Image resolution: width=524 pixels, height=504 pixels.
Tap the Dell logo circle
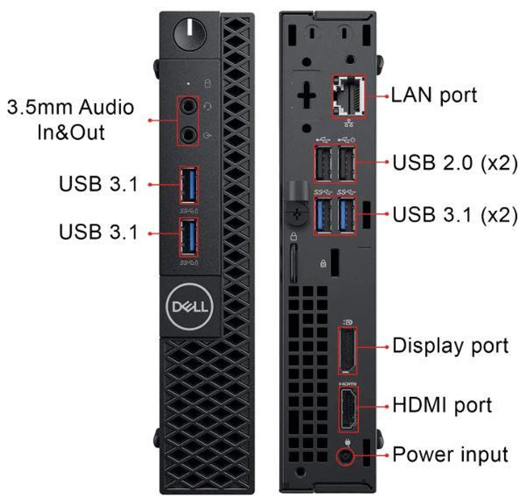(190, 307)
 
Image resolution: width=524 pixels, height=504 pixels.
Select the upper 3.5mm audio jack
(188, 107)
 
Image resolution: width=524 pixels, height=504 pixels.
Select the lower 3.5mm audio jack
(188, 134)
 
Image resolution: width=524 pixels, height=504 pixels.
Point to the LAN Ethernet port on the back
(348, 96)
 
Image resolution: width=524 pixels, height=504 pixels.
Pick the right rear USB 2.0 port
(346, 164)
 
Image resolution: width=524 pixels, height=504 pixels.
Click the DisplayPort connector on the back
(347, 350)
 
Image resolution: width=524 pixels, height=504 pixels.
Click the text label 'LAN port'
(434, 95)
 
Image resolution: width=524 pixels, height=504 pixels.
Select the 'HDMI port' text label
(442, 405)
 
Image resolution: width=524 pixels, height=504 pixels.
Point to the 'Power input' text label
(450, 455)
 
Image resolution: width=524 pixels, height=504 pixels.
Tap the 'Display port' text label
(450, 346)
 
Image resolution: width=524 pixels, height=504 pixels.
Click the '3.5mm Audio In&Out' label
(71, 119)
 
